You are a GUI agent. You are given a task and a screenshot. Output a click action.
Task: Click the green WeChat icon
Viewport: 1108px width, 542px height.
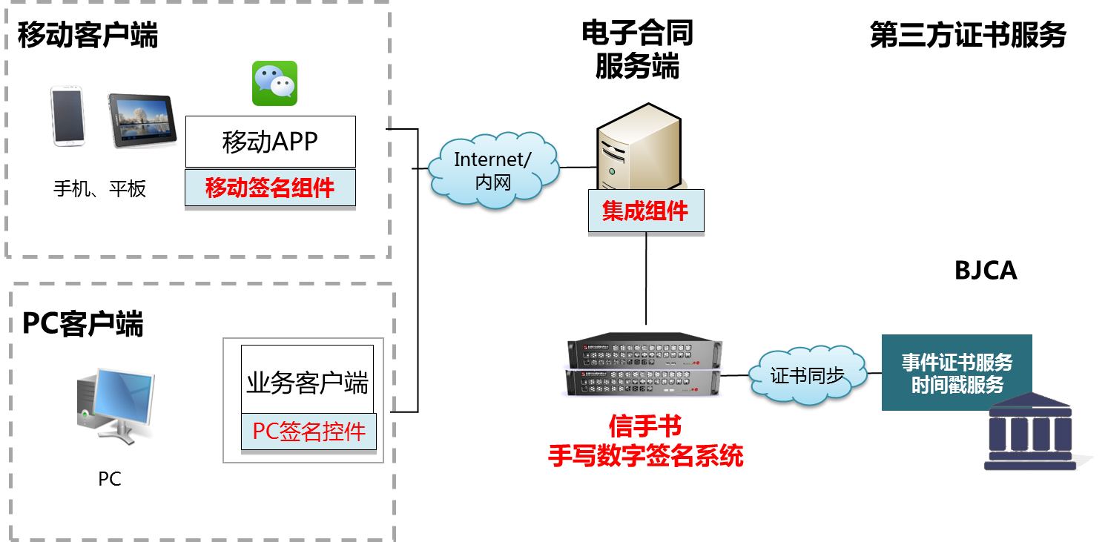pyautogui.click(x=274, y=83)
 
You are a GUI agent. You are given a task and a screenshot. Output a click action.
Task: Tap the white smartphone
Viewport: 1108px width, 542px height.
pyautogui.click(x=67, y=116)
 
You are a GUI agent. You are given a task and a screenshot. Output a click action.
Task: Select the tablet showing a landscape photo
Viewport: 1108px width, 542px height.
pyautogui.click(x=142, y=121)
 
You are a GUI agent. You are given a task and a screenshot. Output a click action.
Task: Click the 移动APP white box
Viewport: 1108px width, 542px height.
pyautogui.click(x=270, y=142)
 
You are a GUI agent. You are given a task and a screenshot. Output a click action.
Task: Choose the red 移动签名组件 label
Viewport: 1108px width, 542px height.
pyautogui.click(x=270, y=188)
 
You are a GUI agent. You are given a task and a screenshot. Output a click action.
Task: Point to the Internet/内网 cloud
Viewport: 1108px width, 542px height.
pyautogui.click(x=493, y=170)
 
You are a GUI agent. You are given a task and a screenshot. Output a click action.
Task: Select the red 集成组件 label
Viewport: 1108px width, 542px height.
pyautogui.click(x=645, y=211)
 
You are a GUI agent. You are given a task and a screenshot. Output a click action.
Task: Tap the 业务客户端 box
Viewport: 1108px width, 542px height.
pyautogui.click(x=307, y=383)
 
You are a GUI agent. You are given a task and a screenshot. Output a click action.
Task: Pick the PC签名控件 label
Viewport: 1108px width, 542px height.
pyautogui.click(x=309, y=432)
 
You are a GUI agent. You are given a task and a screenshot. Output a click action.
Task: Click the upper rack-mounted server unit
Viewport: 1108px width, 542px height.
pyautogui.click(x=644, y=352)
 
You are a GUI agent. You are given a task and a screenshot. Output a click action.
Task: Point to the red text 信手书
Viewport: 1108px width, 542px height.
pyautogui.click(x=644, y=426)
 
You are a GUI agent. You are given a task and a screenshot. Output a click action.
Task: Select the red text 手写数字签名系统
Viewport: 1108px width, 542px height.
pyautogui.click(x=645, y=455)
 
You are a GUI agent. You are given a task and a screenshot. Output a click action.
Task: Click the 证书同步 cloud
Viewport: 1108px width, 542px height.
pyautogui.click(x=807, y=374)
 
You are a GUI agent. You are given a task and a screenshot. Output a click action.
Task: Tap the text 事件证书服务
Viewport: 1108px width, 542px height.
pyautogui.click(x=957, y=363)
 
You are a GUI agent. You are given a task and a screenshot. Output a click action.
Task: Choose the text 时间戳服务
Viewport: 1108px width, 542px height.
pyautogui.click(x=957, y=385)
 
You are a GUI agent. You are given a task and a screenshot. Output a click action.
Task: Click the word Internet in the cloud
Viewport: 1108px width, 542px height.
pyautogui.click(x=490, y=159)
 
